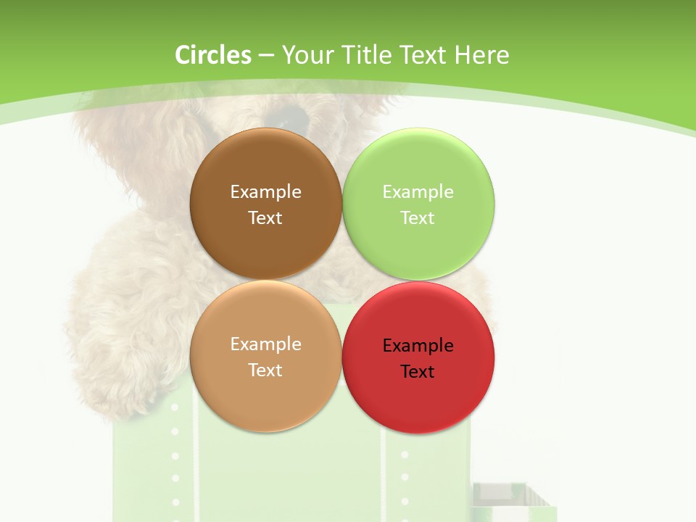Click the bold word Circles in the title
click(x=212, y=55)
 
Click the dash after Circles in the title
click(x=266, y=56)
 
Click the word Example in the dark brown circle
click(x=265, y=191)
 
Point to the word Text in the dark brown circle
click(x=265, y=217)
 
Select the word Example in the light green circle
click(x=418, y=191)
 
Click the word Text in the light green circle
click(x=418, y=217)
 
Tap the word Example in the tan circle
click(x=265, y=344)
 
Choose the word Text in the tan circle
click(x=265, y=370)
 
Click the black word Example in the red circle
click(x=418, y=345)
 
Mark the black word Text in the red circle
click(x=418, y=371)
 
